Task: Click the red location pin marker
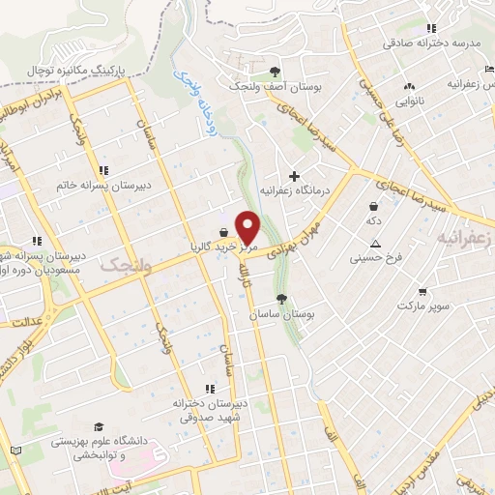pos(248,227)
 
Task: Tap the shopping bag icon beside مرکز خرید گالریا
pos(225,232)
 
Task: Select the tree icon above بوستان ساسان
pos(281,299)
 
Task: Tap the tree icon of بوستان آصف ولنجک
pos(276,72)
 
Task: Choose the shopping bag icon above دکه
pos(374,205)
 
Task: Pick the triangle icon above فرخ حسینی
pos(374,243)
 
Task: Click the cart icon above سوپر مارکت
pos(422,290)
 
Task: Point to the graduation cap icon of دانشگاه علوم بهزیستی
pos(98,426)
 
